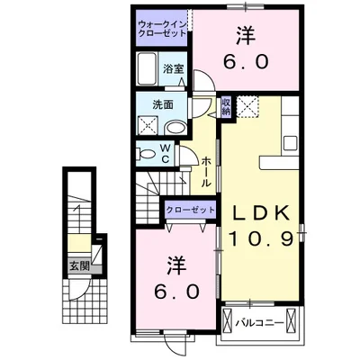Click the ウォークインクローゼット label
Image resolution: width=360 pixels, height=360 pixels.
tap(162, 27)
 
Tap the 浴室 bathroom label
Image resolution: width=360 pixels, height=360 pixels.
tap(174, 67)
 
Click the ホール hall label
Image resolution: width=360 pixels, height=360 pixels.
tap(207, 169)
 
